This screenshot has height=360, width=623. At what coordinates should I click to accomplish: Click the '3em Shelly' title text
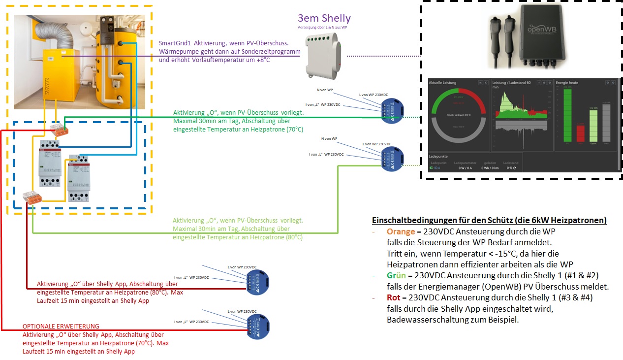click(324, 18)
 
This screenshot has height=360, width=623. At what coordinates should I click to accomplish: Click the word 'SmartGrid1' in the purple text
click(173, 43)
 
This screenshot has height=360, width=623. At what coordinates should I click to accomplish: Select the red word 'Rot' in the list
click(394, 298)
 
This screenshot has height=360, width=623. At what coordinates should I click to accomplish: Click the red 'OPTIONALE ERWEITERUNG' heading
click(61, 327)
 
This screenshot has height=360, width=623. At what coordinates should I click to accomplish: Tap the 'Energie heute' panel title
click(567, 83)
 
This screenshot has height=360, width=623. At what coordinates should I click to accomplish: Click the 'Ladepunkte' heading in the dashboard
click(439, 156)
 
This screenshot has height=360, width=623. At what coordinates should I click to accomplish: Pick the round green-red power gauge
click(458, 116)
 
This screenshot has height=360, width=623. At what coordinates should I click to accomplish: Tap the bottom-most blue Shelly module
click(258, 326)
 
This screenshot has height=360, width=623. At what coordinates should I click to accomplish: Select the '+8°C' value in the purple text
click(264, 60)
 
